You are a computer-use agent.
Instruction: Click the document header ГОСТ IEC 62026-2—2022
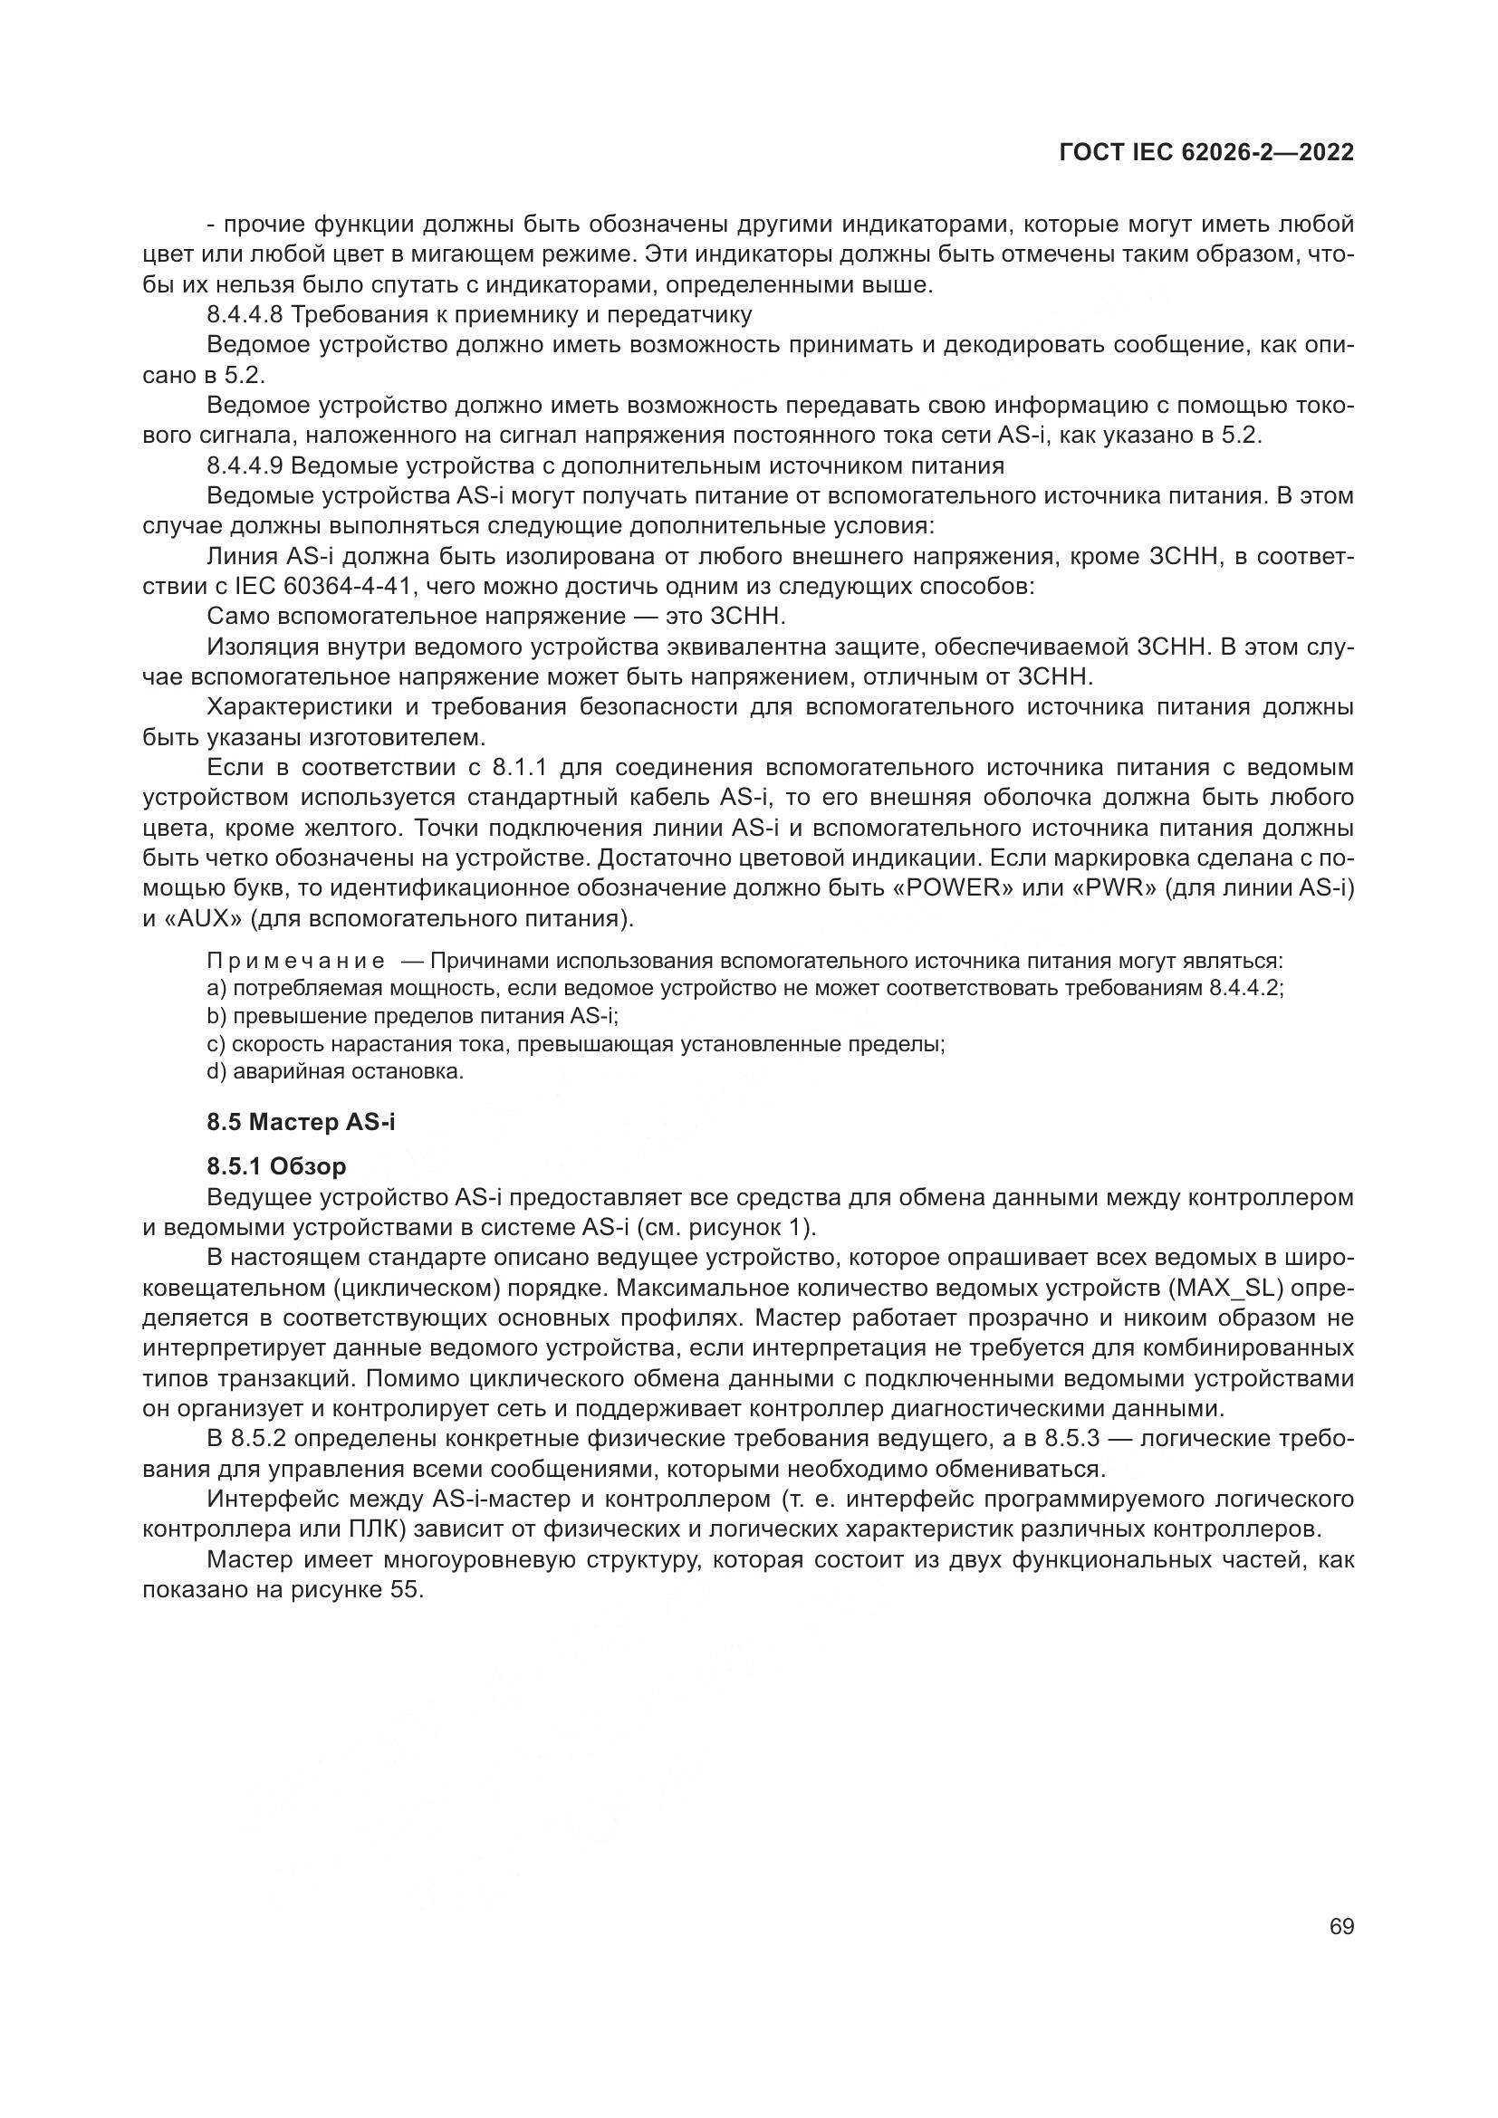tap(1206, 153)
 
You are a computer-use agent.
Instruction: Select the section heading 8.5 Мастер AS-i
tap(301, 1122)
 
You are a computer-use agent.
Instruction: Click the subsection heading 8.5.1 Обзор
tap(277, 1166)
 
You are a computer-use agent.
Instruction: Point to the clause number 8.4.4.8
tap(245, 314)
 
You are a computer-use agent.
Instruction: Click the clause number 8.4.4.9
tap(245, 465)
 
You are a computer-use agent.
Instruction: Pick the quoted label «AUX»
tap(201, 919)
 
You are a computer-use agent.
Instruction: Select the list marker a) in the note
tap(216, 989)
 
